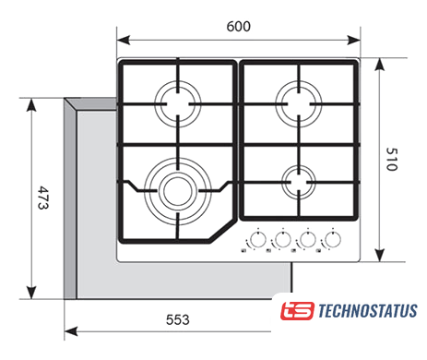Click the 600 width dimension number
pos(238,27)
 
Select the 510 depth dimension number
pos(392,159)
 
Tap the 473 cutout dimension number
pos(42,198)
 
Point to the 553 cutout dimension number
pos(177,319)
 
